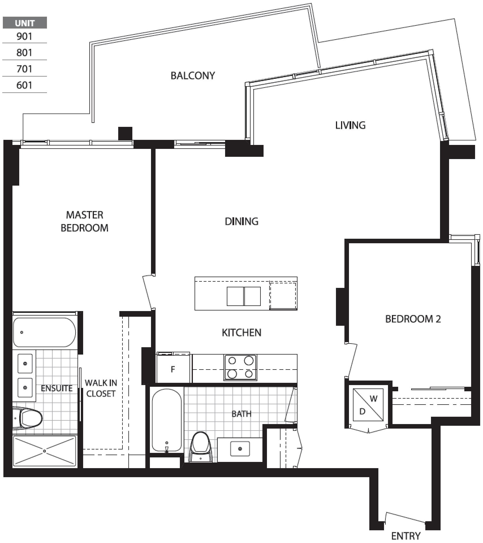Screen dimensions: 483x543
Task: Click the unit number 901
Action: click(x=24, y=36)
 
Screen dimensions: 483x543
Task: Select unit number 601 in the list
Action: click(x=24, y=85)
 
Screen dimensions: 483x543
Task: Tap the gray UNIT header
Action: click(x=25, y=23)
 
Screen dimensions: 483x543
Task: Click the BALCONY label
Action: click(x=193, y=75)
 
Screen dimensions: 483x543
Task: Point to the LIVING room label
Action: click(x=350, y=125)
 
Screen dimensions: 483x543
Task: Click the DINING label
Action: click(x=241, y=221)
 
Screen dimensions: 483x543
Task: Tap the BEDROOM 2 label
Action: click(x=413, y=319)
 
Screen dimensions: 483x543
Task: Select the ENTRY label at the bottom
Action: click(x=406, y=536)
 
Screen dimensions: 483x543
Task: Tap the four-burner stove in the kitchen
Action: click(x=240, y=368)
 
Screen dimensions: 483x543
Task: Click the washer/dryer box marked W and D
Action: click(x=368, y=405)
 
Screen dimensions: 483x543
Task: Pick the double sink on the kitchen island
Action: click(x=244, y=296)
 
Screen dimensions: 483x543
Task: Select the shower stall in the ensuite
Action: click(x=45, y=451)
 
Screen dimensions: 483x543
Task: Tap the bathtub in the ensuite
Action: click(x=44, y=332)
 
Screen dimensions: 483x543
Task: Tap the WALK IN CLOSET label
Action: click(x=101, y=388)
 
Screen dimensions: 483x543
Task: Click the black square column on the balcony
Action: click(x=125, y=133)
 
